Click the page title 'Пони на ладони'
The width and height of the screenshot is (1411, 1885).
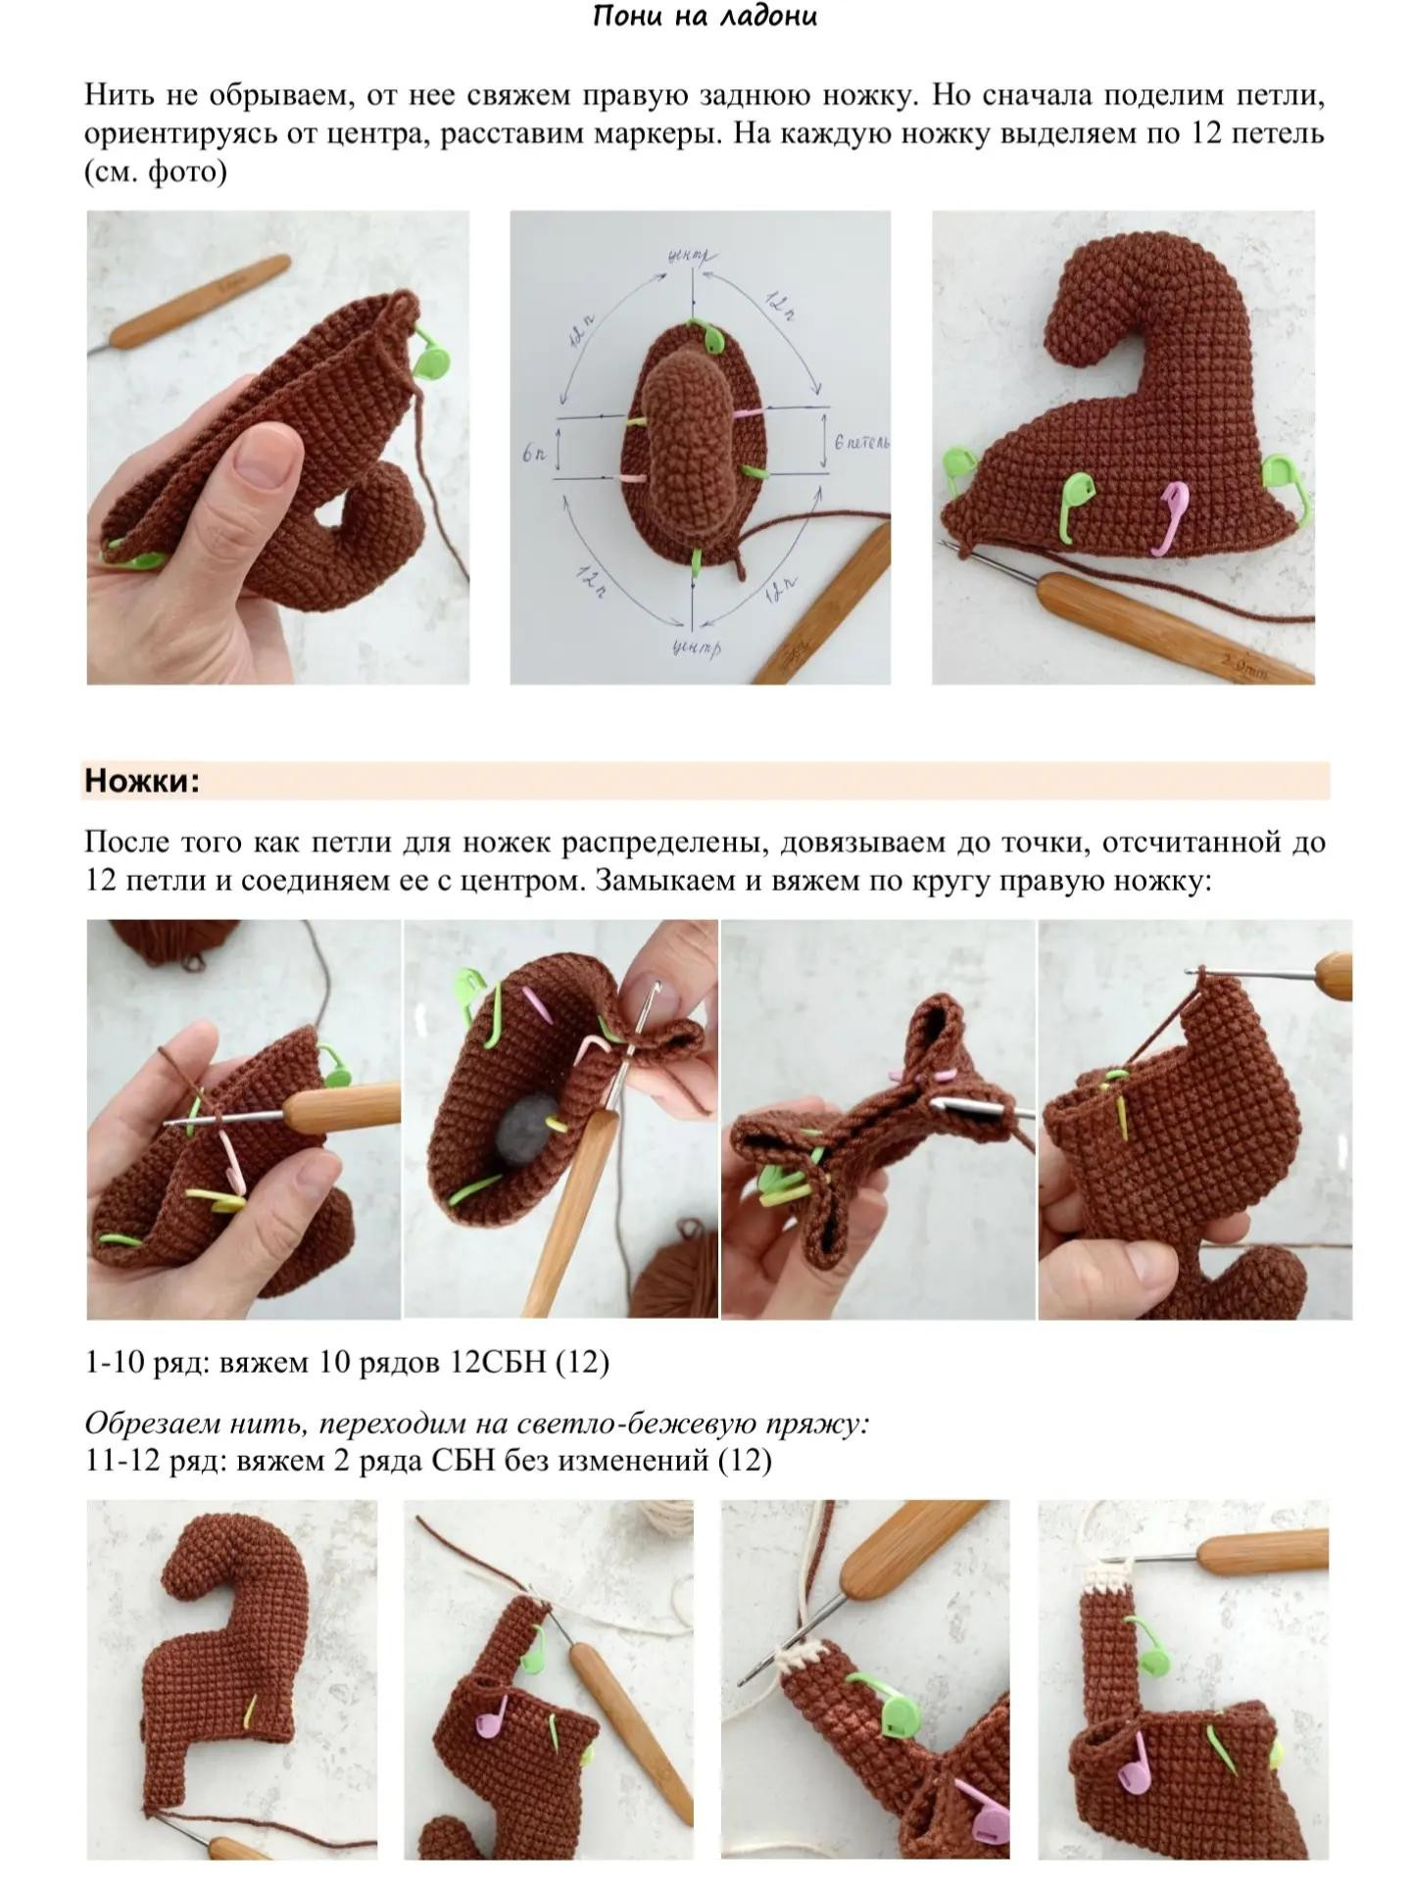pos(705,17)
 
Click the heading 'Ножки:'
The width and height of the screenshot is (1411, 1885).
pos(142,781)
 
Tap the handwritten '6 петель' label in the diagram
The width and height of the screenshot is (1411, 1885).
pos(861,443)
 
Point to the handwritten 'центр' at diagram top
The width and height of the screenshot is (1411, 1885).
pos(692,256)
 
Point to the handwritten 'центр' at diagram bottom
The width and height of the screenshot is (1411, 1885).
pos(697,648)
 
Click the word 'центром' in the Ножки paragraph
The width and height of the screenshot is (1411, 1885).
pos(519,881)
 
